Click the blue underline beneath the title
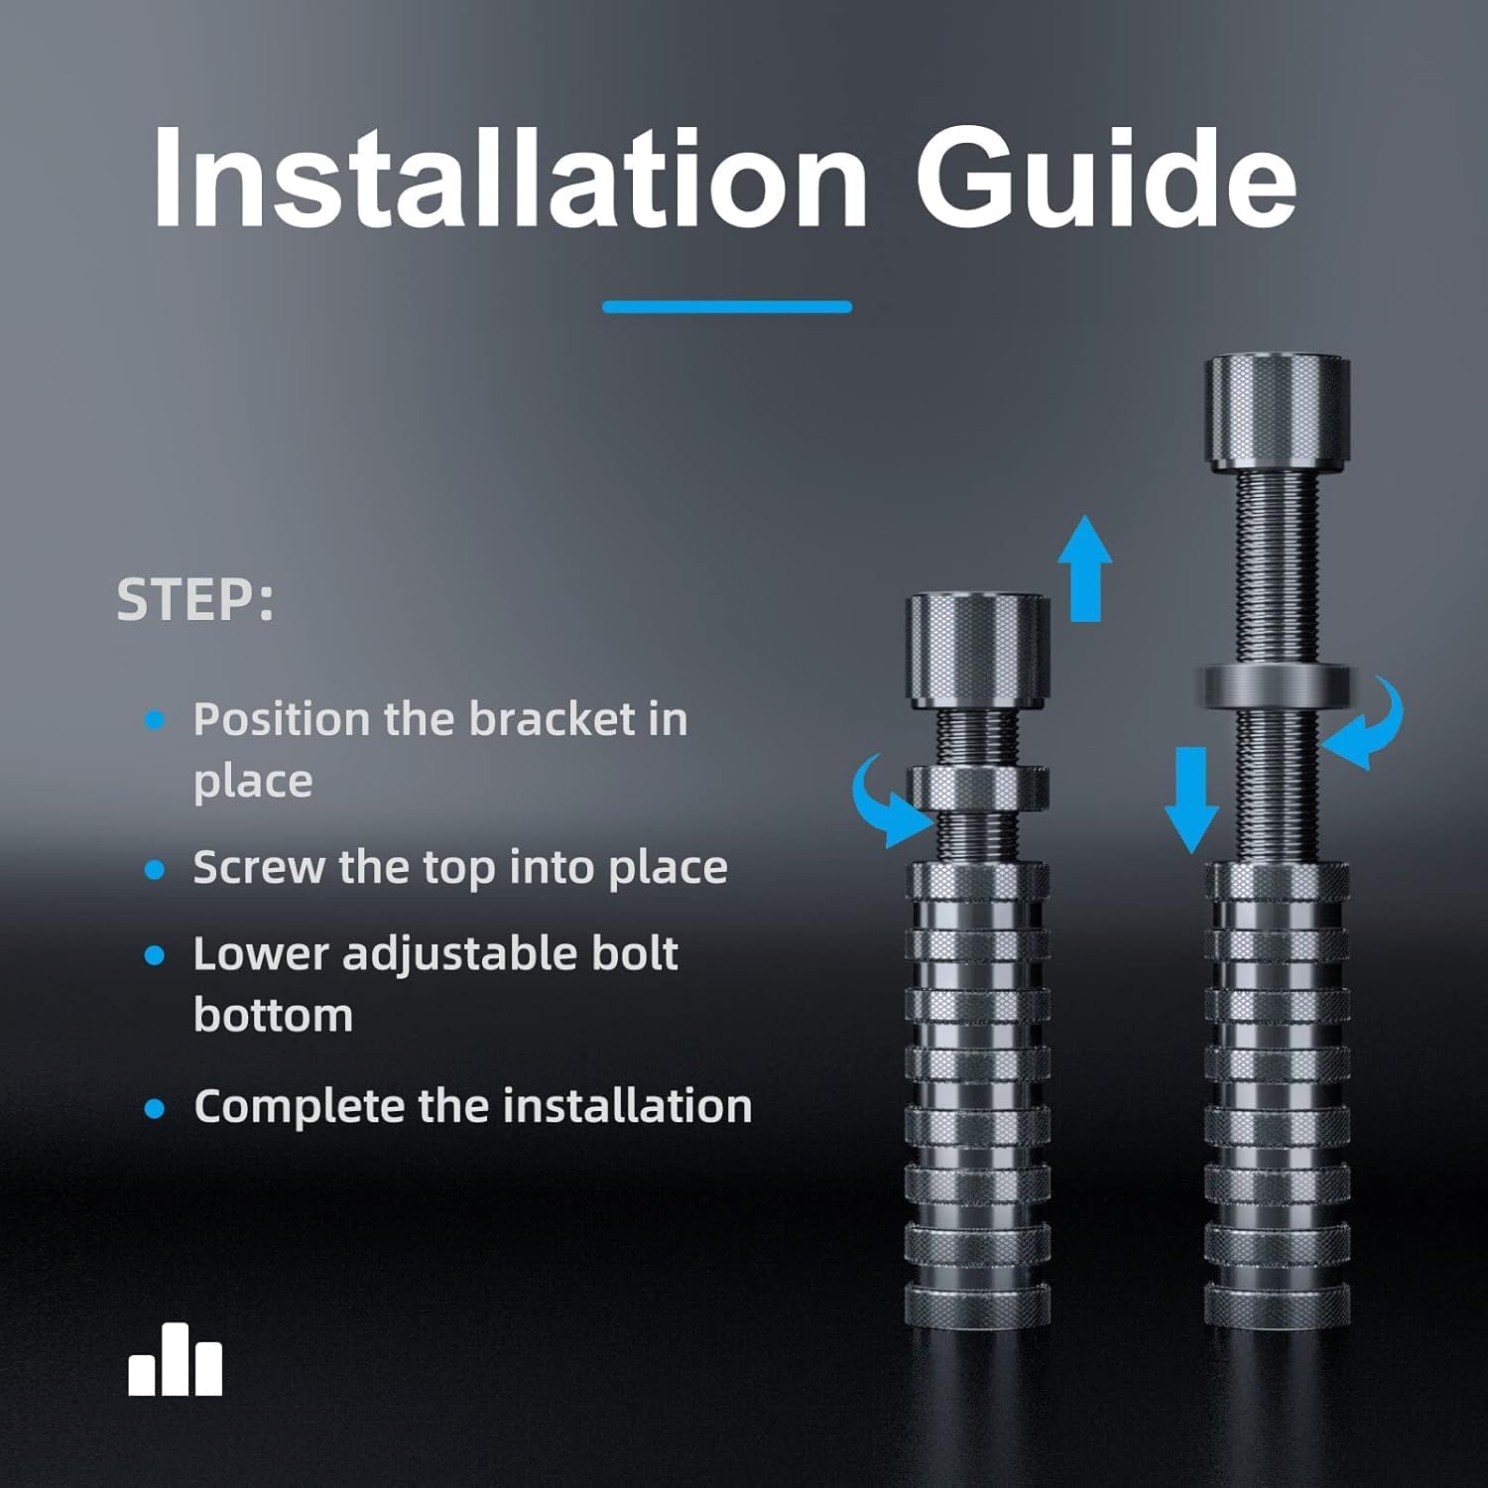point(727,307)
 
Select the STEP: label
point(194,599)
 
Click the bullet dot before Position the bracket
point(155,719)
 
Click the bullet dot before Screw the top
point(155,869)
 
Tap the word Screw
point(259,867)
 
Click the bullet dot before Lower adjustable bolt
point(155,955)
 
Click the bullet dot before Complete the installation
point(155,1107)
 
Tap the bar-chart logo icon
point(176,1359)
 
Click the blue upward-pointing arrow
point(1085,568)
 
